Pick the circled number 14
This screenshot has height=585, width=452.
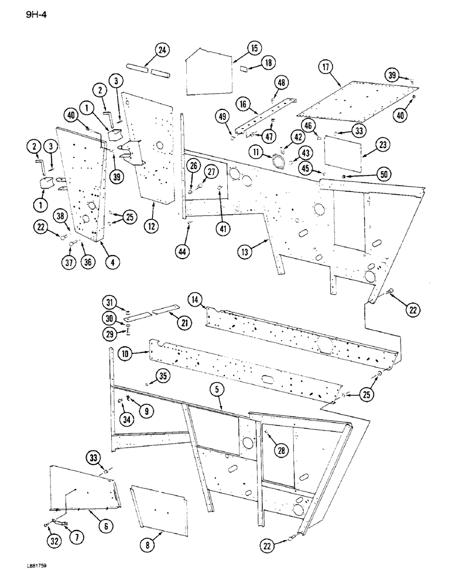196,300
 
